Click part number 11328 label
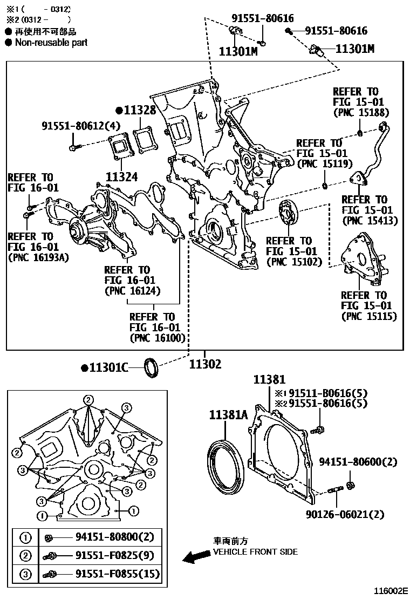pyautogui.click(x=139, y=111)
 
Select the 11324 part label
pyautogui.click(x=122, y=176)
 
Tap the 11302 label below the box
pyautogui.click(x=205, y=365)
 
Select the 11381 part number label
pyautogui.click(x=270, y=380)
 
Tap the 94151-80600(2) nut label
pyautogui.click(x=358, y=462)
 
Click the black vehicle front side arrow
pyautogui.click(x=196, y=557)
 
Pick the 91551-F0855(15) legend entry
pyautogui.click(x=118, y=574)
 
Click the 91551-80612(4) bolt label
pyautogui.click(x=81, y=126)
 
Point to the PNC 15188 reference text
pyautogui.click(x=360, y=113)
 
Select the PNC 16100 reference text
pyautogui.click(x=157, y=338)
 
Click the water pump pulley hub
pyautogui.click(x=75, y=233)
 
